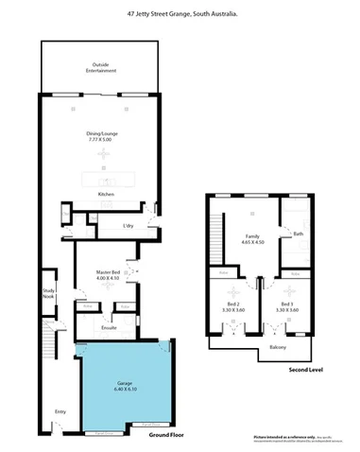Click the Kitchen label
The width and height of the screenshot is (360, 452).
pos(106,195)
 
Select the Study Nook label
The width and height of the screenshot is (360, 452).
pos(49,294)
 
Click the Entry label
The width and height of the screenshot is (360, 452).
pos(60,410)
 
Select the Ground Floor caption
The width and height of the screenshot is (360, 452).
pos(165,436)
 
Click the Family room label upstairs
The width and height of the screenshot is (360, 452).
pos(251,235)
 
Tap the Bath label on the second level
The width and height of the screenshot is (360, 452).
pos(298,234)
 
